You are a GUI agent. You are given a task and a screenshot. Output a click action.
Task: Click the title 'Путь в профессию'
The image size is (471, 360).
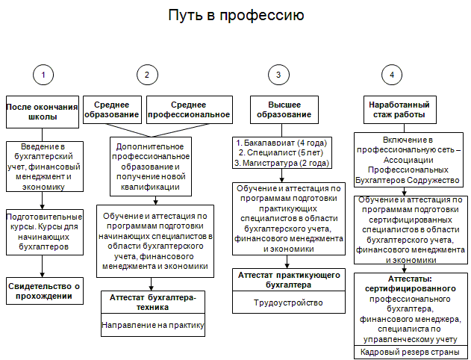click(236, 15)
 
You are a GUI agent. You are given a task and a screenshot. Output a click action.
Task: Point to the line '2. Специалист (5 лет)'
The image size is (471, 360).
click(281, 153)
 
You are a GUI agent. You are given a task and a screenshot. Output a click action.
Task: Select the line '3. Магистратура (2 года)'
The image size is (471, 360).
click(281, 163)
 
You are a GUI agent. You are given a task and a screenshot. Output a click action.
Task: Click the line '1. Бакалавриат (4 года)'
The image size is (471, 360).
click(281, 143)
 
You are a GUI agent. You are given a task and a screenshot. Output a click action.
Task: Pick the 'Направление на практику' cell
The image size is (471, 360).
click(153, 325)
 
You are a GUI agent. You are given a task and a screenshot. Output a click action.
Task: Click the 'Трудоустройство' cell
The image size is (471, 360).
click(289, 302)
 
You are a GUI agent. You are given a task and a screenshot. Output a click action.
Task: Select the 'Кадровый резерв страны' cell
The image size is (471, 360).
click(411, 352)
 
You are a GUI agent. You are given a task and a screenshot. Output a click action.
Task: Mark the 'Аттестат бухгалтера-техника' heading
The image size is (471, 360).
click(153, 302)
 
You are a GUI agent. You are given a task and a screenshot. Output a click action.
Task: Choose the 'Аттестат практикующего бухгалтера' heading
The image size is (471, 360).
click(289, 280)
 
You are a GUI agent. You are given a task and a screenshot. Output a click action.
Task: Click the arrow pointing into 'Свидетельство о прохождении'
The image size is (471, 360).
click(42, 266)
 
